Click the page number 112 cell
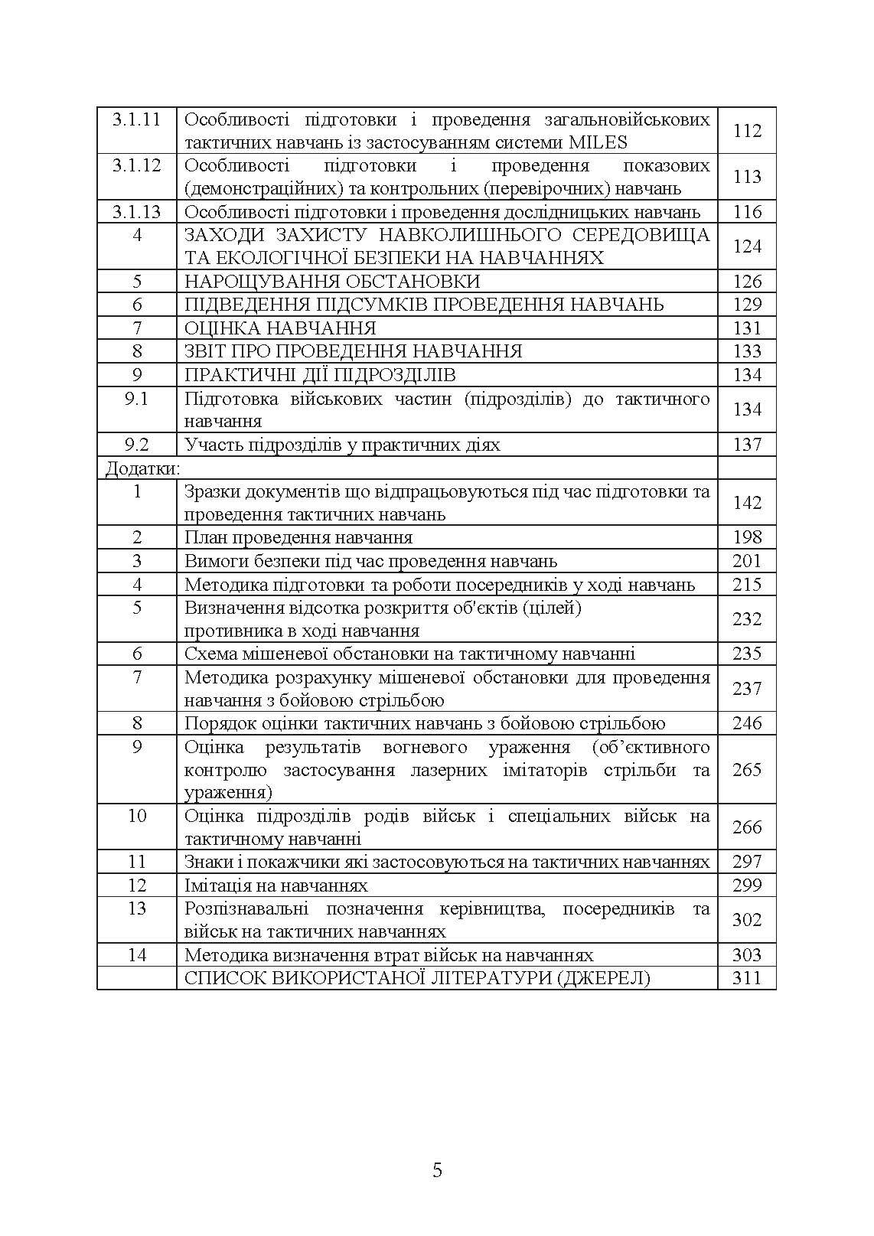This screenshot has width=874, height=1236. (747, 131)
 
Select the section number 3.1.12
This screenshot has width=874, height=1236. (137, 166)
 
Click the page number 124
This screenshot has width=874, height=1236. (747, 246)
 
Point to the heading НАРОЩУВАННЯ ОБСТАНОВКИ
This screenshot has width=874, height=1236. (333, 281)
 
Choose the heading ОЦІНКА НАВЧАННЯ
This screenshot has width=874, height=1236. (280, 328)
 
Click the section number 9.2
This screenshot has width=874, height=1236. (137, 445)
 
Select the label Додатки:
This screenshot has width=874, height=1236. (142, 468)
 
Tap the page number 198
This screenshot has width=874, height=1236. (747, 537)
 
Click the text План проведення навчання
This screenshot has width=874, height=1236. (298, 537)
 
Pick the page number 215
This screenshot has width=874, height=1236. (747, 585)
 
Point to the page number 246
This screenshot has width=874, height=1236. (747, 723)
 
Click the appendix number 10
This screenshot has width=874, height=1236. (137, 816)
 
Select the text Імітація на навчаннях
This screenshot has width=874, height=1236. (276, 885)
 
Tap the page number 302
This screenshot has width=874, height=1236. (747, 920)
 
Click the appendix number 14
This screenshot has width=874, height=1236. (137, 955)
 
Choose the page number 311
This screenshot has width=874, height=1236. (747, 978)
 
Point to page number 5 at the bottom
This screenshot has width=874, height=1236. (437, 1170)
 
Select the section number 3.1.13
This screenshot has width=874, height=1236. (137, 212)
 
